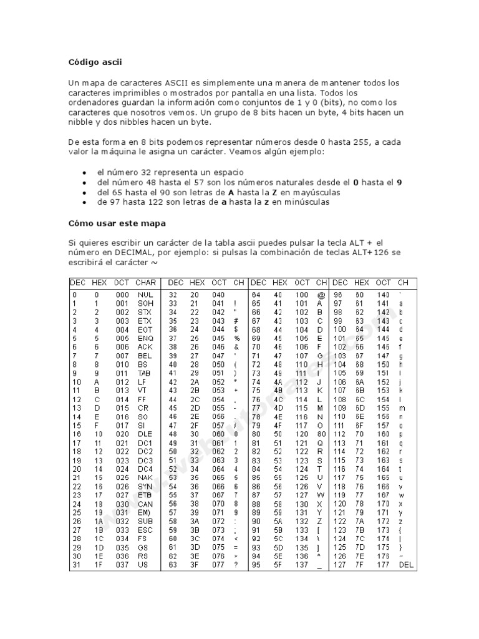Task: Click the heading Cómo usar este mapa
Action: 117,223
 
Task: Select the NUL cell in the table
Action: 145,294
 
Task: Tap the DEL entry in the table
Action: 405,565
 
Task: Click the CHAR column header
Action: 145,283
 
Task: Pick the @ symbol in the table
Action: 321,294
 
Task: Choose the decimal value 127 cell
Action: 339,565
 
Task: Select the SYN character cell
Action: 145,486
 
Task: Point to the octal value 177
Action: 383,565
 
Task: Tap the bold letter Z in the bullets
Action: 274,193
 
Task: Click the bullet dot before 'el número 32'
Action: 84,172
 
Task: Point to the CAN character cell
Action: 145,504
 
